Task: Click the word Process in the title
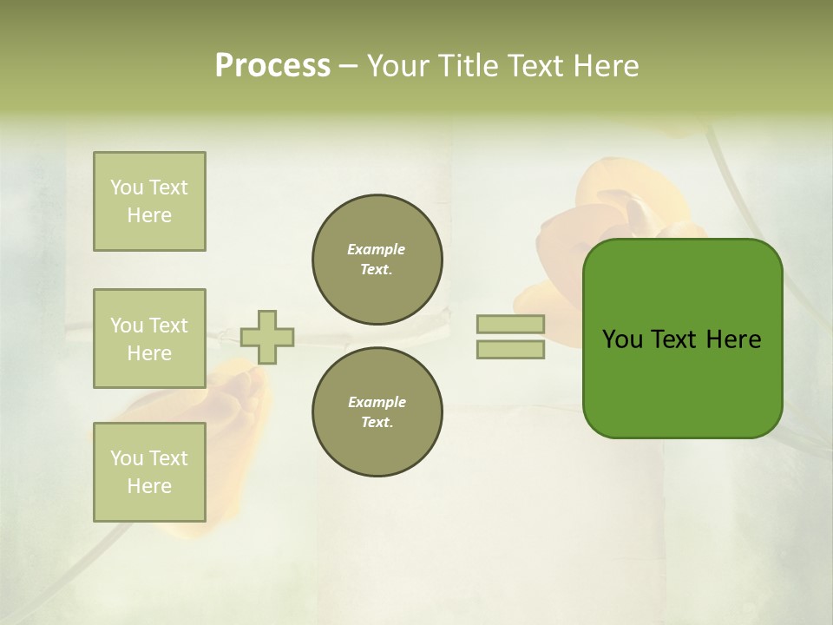[x=272, y=66]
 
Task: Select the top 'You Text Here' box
[x=149, y=201]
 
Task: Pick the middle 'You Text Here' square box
[x=149, y=339]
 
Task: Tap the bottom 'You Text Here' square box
[x=149, y=472]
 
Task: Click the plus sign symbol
[x=267, y=337]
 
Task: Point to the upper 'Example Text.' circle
[x=377, y=259]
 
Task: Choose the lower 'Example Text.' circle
[x=377, y=411]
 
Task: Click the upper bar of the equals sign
[x=511, y=324]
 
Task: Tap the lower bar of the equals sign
[x=511, y=349]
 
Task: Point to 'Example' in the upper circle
[x=377, y=249]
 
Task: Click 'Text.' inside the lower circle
[x=377, y=422]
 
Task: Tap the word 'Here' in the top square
[x=149, y=215]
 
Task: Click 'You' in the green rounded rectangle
[x=622, y=339]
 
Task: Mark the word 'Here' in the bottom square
[x=149, y=486]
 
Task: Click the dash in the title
[x=349, y=66]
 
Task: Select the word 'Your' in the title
[x=397, y=66]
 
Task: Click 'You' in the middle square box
[x=127, y=326]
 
